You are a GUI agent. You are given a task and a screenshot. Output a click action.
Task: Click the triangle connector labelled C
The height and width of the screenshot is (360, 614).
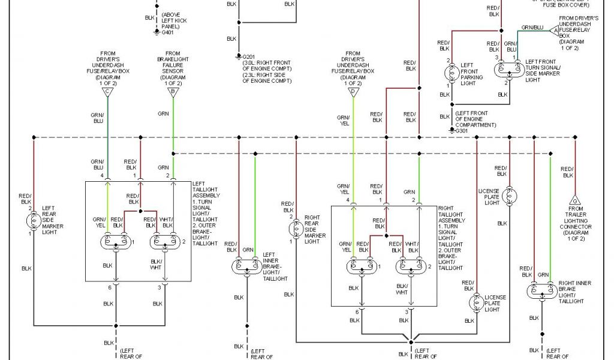[107, 92]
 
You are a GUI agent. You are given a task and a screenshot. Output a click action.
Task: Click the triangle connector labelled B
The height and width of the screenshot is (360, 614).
[173, 92]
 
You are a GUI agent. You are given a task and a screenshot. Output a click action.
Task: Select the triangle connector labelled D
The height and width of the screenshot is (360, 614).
[353, 92]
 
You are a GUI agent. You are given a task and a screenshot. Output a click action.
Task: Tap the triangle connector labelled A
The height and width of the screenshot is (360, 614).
[554, 29]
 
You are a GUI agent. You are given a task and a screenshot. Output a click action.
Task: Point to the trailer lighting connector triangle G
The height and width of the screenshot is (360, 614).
[575, 199]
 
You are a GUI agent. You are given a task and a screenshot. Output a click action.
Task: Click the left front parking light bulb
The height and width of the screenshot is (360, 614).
[451, 73]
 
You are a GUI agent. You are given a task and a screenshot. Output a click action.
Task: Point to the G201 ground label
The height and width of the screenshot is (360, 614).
[248, 57]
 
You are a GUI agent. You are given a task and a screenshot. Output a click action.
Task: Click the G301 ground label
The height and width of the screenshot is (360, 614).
[460, 130]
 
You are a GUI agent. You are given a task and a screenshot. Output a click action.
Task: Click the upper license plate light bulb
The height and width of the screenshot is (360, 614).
[510, 195]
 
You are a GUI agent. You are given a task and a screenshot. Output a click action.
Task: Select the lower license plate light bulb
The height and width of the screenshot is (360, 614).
[476, 301]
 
